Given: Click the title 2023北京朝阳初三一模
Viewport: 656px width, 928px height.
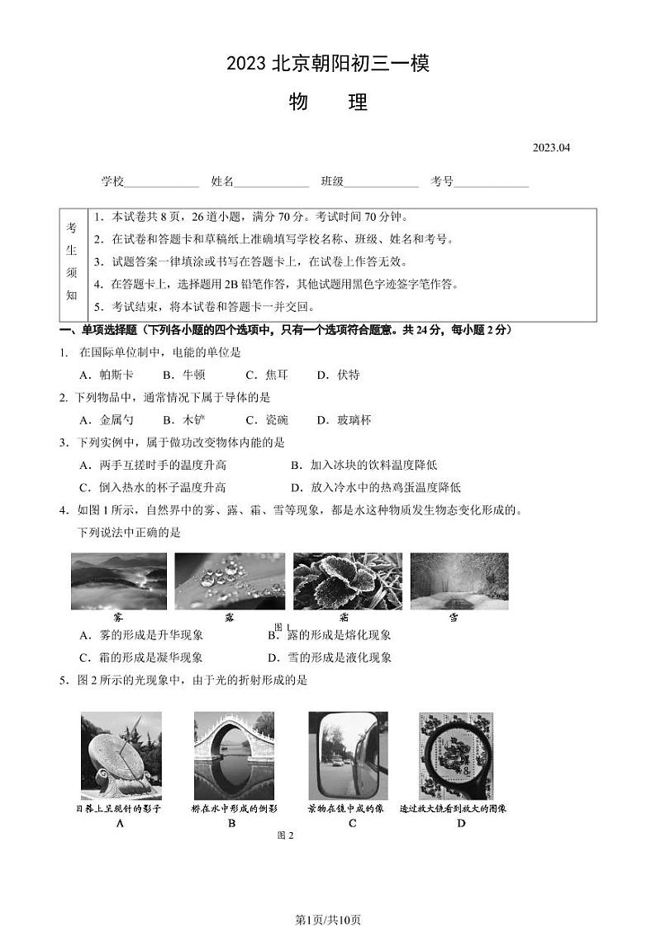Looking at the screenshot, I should (328, 64).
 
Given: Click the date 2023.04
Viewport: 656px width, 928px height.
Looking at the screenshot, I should (551, 148).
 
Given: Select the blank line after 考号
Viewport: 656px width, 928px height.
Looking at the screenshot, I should (492, 183).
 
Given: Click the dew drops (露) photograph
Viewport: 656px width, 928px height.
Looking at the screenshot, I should (230, 581).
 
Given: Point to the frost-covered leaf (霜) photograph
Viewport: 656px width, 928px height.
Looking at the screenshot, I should (347, 581).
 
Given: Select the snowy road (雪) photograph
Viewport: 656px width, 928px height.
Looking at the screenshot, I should (459, 581).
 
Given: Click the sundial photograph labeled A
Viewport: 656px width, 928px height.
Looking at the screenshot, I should (121, 755).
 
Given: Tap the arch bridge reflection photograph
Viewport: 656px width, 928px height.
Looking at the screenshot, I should (234, 755).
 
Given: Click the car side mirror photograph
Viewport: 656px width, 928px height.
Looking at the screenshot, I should (347, 755).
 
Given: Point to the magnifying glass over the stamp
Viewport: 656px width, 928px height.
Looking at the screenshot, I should (457, 755).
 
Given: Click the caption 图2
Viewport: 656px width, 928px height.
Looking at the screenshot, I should (285, 835).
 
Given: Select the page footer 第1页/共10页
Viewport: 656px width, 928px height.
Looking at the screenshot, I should (328, 897).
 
